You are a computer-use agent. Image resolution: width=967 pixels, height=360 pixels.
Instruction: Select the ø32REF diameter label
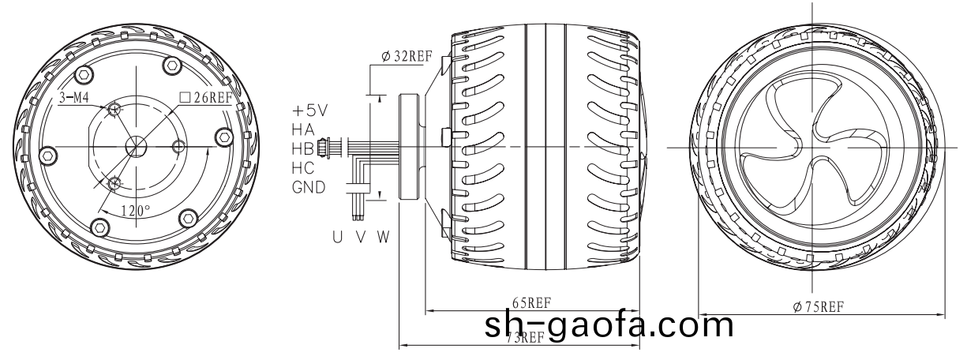point(406,57)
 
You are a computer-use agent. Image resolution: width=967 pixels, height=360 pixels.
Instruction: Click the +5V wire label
point(309,110)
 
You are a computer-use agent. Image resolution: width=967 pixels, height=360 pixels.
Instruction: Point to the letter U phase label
point(337,236)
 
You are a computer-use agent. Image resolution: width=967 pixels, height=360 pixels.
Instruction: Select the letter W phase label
point(383,236)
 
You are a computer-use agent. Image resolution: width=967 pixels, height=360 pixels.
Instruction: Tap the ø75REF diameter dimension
point(819,306)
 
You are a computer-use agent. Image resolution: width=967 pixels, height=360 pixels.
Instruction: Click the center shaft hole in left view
point(136,147)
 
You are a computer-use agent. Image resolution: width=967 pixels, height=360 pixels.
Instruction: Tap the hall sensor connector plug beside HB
point(323,148)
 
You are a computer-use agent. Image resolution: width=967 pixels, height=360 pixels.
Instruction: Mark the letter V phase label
point(359,236)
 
